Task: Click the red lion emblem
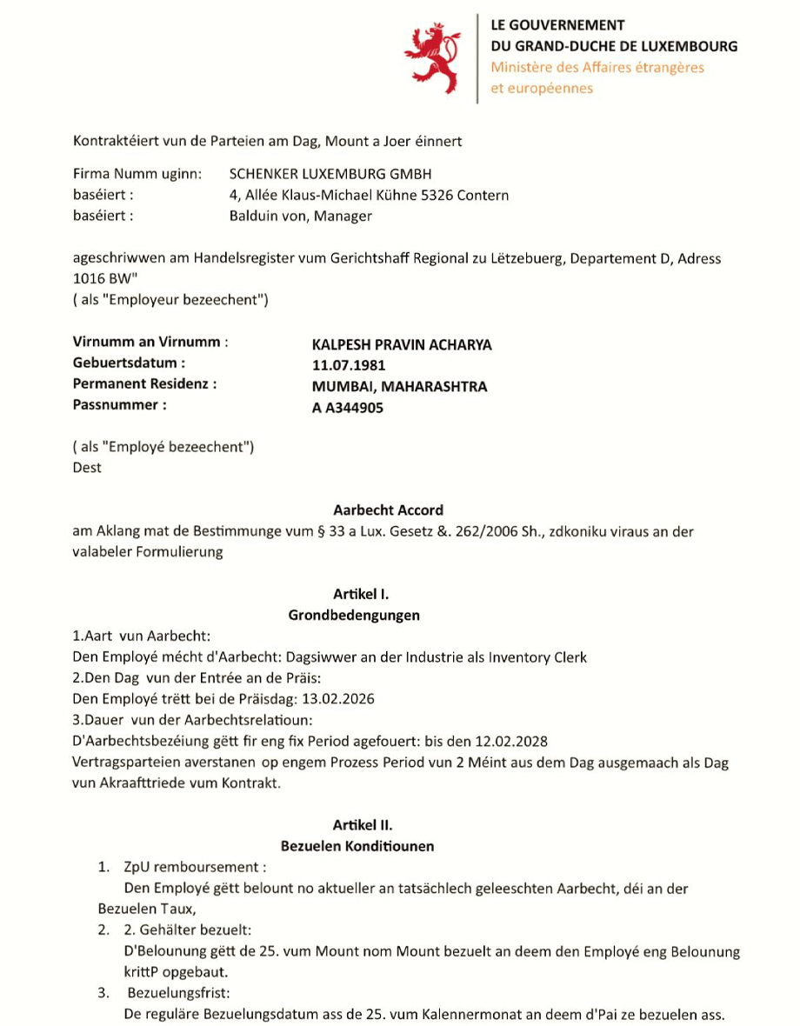(x=431, y=58)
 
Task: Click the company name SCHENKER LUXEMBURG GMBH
(x=330, y=175)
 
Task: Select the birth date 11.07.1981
(x=349, y=365)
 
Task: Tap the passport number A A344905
(x=348, y=407)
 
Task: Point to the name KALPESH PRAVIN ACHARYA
(x=402, y=344)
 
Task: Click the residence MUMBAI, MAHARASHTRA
(x=400, y=386)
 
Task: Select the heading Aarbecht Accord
(x=388, y=510)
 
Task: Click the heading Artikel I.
(x=361, y=594)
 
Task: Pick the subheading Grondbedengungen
(x=354, y=615)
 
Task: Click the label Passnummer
(x=119, y=404)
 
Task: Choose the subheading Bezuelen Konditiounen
(x=357, y=845)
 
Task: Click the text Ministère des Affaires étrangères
(x=597, y=67)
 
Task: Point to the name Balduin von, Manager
(x=301, y=216)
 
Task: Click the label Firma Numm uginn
(x=137, y=175)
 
